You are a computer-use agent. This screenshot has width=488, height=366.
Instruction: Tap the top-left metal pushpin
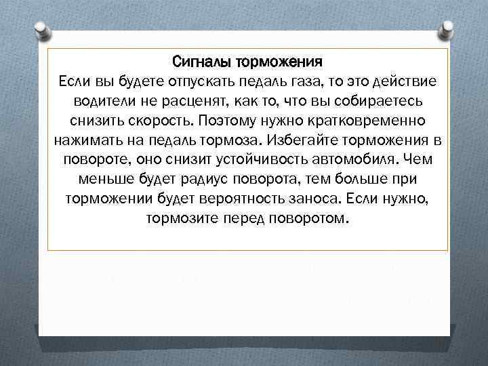pos(41,30)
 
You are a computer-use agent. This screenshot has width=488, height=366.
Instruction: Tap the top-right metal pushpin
pos(447,30)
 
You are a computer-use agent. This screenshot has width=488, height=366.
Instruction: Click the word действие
pos(404,83)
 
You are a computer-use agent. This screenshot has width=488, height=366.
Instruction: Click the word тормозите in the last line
pos(177,220)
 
